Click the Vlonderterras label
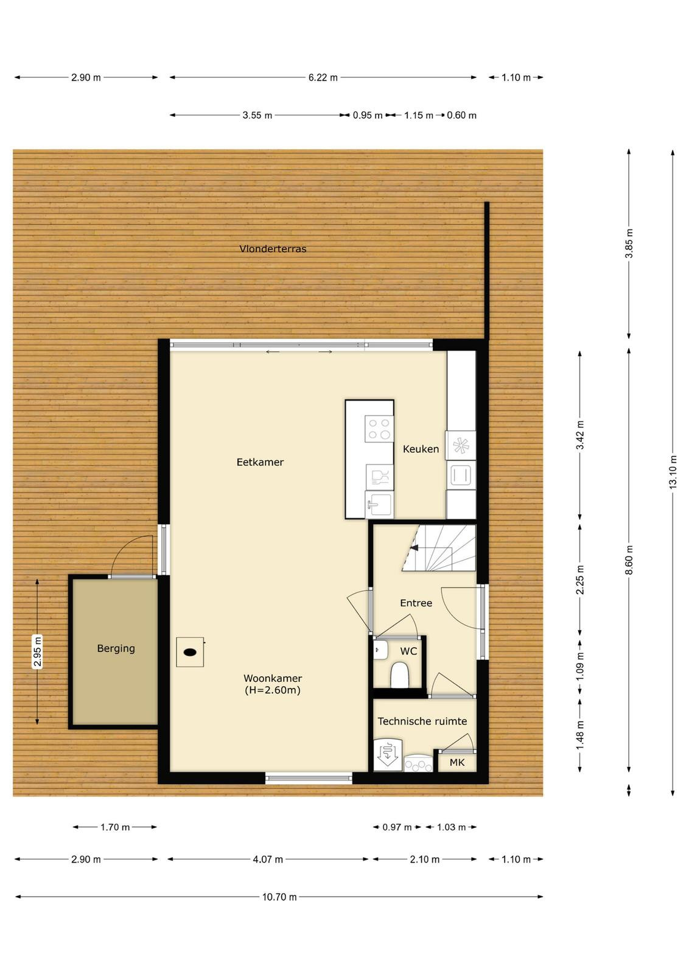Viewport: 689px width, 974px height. [x=273, y=249]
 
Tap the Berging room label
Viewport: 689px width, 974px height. [x=116, y=648]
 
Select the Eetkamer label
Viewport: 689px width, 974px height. [x=260, y=462]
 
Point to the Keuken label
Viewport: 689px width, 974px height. [x=421, y=449]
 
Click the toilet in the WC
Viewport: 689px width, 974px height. [x=399, y=675]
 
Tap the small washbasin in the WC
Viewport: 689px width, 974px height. [x=380, y=650]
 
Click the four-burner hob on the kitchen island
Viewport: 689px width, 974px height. [x=379, y=429]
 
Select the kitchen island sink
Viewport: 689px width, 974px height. [x=379, y=505]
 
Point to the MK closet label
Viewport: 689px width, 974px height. [x=457, y=762]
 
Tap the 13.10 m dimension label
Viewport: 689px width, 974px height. [x=673, y=472]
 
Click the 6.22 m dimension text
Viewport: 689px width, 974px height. [x=323, y=77]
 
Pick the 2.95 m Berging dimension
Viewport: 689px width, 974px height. [x=38, y=651]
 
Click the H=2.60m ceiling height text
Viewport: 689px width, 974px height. [x=273, y=690]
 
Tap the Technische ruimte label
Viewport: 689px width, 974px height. [x=422, y=721]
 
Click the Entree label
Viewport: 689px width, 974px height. [x=416, y=603]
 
